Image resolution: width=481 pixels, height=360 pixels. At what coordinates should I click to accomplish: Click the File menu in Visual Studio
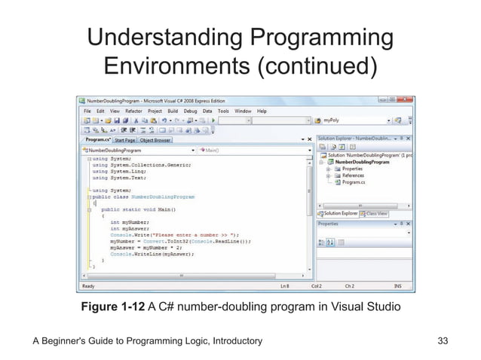point(87,110)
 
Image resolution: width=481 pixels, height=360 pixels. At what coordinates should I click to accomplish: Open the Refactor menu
point(133,110)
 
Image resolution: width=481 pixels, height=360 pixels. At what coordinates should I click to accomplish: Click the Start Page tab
point(124,139)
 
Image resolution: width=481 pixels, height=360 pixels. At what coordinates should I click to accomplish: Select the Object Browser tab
point(156,139)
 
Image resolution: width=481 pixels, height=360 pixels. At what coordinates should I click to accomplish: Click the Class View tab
point(375,213)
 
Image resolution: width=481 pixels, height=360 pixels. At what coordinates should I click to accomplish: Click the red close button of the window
point(407,100)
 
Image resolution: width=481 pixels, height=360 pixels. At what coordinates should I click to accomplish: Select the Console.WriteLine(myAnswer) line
point(152,254)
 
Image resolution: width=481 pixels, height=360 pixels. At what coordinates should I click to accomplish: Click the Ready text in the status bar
point(89,286)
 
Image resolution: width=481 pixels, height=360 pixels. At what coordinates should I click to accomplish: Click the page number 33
point(443,341)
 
